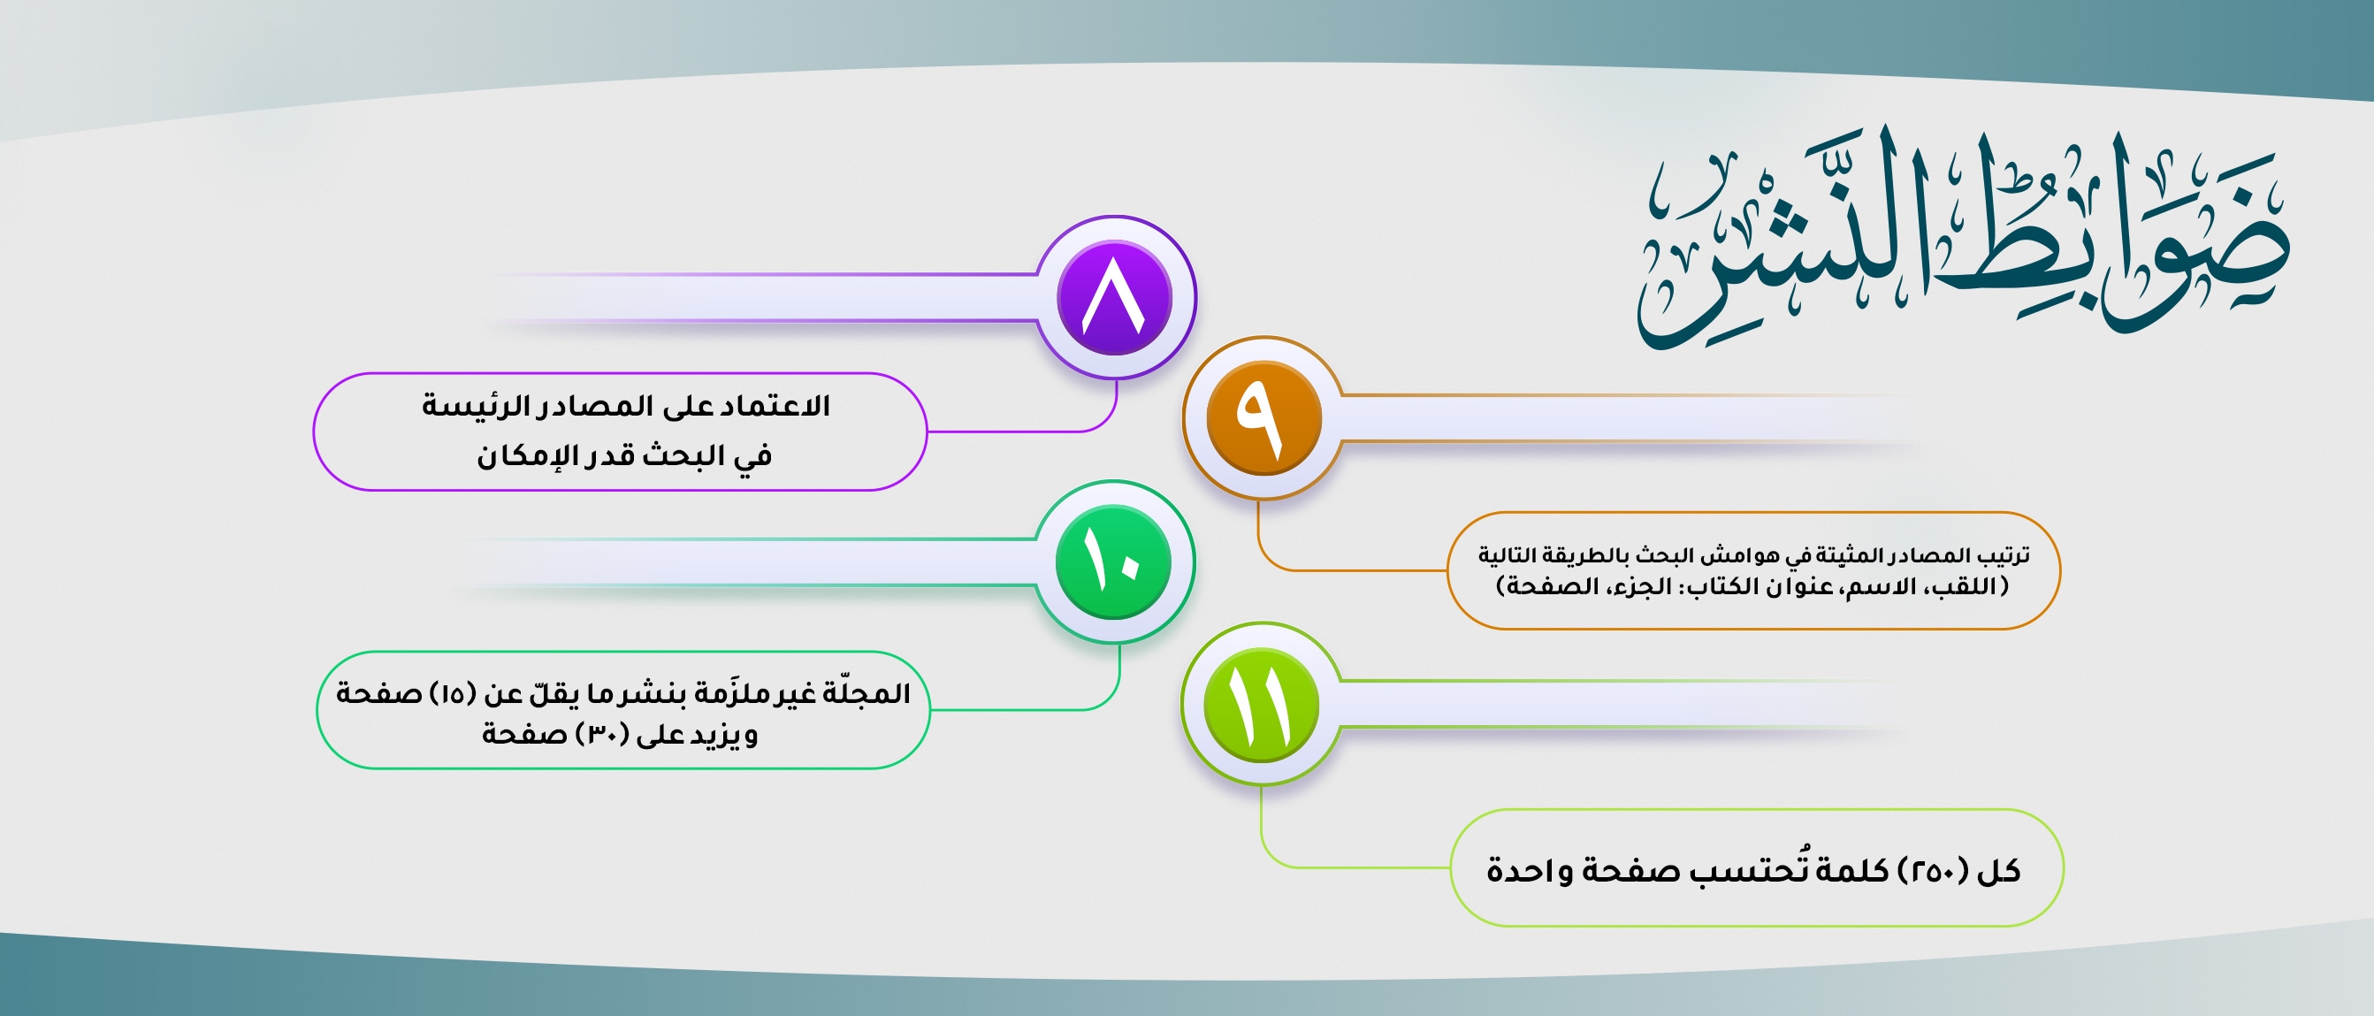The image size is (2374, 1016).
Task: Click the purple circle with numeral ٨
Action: coord(1114,298)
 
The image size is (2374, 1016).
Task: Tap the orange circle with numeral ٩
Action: coord(1263,417)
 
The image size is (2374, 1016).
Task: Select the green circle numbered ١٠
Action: coord(1113,561)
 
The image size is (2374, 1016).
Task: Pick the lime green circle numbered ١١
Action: coord(1261,705)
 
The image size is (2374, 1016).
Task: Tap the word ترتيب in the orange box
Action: coord(2004,555)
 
